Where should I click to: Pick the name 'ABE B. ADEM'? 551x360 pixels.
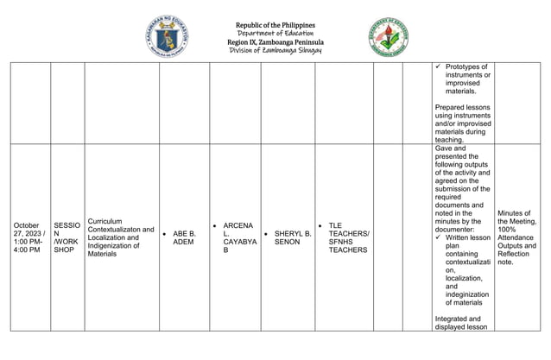click(x=184, y=237)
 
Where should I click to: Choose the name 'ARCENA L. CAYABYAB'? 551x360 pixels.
click(x=238, y=237)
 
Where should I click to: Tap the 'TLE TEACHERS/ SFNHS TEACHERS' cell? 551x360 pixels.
click(x=348, y=237)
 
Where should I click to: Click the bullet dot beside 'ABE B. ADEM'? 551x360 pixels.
click(x=165, y=233)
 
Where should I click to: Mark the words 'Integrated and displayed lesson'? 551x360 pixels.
click(x=463, y=322)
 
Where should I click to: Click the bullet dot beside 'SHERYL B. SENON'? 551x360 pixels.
click(x=267, y=233)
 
